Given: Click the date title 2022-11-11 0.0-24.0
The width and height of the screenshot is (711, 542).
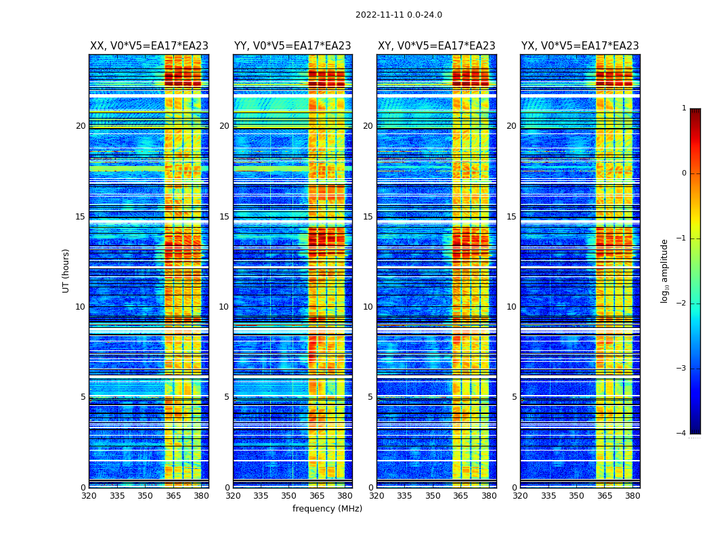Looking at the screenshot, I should [398, 15].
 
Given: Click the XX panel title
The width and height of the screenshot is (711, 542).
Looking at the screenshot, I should [149, 46].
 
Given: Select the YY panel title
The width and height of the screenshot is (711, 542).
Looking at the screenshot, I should [293, 46].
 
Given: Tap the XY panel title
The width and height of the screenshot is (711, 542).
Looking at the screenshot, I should [436, 46].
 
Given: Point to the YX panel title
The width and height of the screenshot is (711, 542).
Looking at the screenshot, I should [580, 46].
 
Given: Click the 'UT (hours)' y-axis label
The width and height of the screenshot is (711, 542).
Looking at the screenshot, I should [66, 270].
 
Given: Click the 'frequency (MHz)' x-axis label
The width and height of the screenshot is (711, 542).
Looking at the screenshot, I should [327, 509].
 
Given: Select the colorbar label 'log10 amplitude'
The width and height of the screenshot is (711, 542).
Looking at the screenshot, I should [665, 270].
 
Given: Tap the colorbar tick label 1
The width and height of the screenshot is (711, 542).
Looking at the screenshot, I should [683, 108].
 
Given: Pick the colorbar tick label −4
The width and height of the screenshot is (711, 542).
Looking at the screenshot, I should [682, 434].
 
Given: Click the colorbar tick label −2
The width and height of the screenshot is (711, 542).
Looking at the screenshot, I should [682, 304].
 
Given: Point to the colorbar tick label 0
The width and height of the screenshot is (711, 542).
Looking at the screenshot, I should [683, 173].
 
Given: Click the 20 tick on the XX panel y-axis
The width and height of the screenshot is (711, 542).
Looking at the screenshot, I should [81, 126].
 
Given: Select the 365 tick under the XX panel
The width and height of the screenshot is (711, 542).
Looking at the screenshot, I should [173, 496].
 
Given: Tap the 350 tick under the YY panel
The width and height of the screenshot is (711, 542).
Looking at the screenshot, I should [289, 496].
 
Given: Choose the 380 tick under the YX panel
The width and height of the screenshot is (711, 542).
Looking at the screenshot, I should [632, 496].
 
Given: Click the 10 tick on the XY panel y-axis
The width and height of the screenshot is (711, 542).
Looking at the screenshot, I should [368, 307].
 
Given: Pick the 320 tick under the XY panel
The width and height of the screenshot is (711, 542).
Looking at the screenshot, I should [377, 496].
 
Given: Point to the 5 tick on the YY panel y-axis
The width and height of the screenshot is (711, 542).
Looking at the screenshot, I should [227, 397].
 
